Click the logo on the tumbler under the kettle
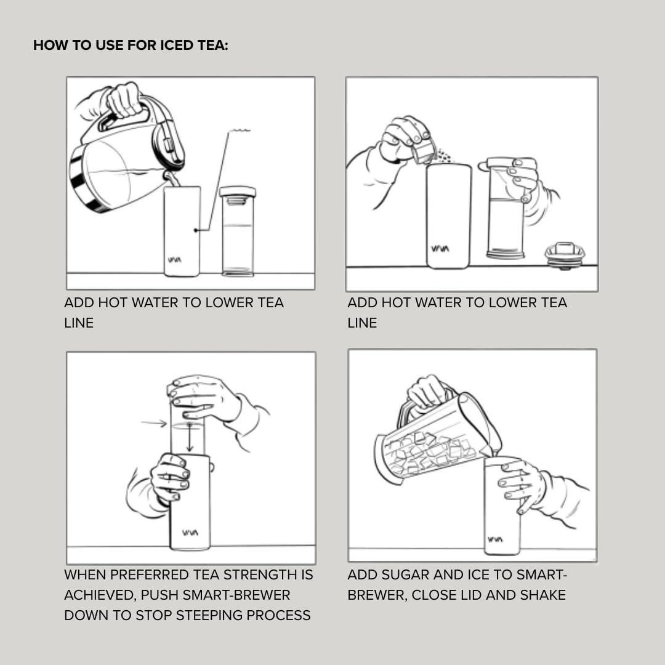coord(174,260)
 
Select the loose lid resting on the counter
coord(565,255)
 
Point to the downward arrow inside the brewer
coord(190,437)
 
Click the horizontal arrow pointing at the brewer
coord(153,423)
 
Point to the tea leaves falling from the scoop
coord(443,156)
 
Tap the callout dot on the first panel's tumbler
coord(196,230)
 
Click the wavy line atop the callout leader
coord(240,130)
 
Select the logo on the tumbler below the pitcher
coord(495,539)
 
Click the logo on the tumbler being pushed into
coord(190,533)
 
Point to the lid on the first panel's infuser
coord(238,192)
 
